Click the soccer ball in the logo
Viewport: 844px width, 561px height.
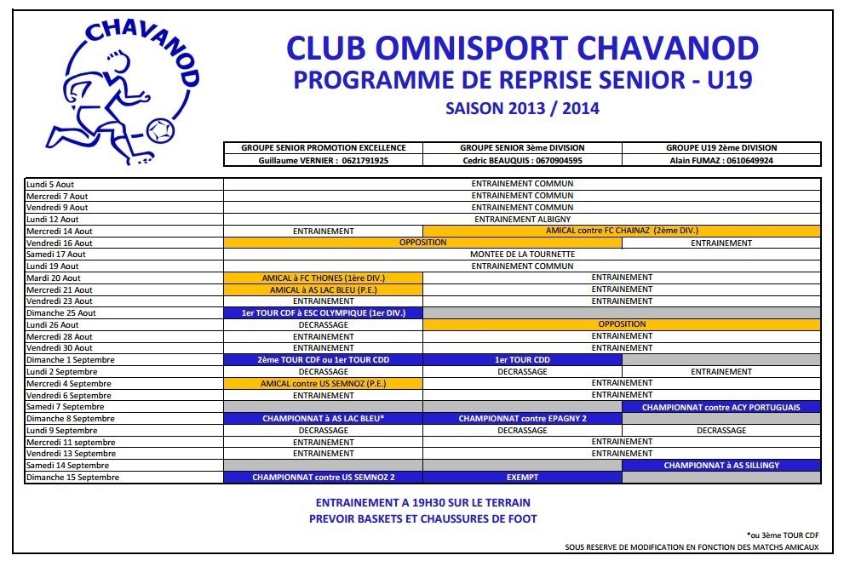pos(158,130)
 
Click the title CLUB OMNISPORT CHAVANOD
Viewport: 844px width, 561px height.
pos(521,48)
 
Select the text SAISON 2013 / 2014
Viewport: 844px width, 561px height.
pos(522,108)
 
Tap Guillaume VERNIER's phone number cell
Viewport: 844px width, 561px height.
pos(323,160)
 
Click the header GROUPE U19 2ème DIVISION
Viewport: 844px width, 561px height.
pos(721,148)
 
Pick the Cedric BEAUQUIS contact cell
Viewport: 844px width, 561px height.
pos(522,160)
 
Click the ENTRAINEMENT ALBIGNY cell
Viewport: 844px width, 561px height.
pos(522,219)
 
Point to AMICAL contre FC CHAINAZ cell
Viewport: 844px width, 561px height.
pos(622,231)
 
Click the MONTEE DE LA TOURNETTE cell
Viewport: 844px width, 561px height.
pos(522,255)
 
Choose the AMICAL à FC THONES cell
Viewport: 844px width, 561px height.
pos(323,278)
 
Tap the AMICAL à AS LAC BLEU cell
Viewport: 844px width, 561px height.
pos(323,289)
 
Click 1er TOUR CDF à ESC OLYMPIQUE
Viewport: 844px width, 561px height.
pos(323,313)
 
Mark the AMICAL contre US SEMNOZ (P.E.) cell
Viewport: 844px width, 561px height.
pos(323,384)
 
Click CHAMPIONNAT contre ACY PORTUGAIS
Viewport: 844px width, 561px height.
pos(721,407)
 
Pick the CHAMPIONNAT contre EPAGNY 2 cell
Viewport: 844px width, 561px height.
pos(522,419)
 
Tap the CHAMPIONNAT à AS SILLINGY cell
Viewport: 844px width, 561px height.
pos(721,466)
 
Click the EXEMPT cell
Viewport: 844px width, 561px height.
pos(522,478)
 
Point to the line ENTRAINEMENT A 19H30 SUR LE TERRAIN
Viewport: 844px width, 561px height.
pos(422,502)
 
